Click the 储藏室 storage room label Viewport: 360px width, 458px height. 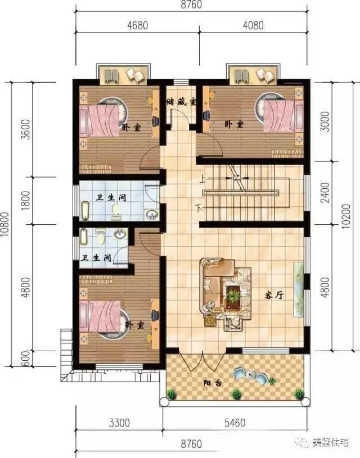click(x=181, y=102)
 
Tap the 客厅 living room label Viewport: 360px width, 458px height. click(x=274, y=295)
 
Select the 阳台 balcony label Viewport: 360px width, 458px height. click(x=213, y=383)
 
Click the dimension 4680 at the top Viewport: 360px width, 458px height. click(x=137, y=25)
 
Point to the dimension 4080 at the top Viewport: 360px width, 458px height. click(x=253, y=25)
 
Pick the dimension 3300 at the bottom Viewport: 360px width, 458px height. click(x=119, y=423)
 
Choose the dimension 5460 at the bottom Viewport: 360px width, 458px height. click(x=235, y=423)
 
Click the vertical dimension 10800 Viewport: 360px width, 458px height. click(x=6, y=224)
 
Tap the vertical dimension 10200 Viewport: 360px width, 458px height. click(x=346, y=216)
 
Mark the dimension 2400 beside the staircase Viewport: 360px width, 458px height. click(x=325, y=193)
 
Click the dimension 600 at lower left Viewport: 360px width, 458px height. click(x=25, y=359)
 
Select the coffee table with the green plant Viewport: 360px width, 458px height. click(x=233, y=296)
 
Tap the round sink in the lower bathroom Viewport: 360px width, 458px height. click(x=120, y=234)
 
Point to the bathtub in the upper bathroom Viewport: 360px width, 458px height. click(x=85, y=210)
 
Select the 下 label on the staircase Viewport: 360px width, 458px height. click(x=199, y=208)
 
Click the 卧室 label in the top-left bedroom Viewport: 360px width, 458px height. click(x=131, y=128)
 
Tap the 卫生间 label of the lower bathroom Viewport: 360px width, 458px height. click(x=97, y=258)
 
